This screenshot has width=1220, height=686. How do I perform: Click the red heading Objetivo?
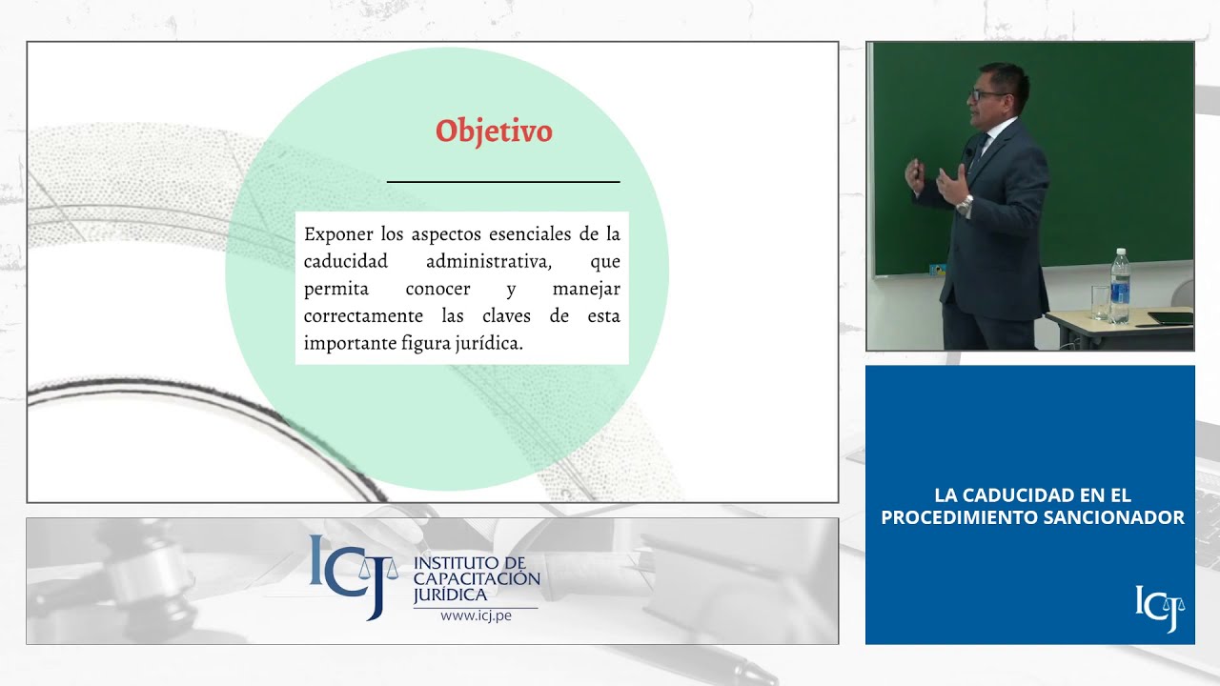pyautogui.click(x=494, y=131)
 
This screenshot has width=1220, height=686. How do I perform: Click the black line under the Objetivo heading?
pyautogui.click(x=503, y=181)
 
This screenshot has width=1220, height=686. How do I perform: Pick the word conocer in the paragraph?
pyautogui.click(x=437, y=289)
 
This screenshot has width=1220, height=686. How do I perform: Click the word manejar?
pyautogui.click(x=586, y=289)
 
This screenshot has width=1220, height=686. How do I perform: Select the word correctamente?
pyautogui.click(x=363, y=316)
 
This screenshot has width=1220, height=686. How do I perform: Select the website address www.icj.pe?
pyautogui.click(x=476, y=615)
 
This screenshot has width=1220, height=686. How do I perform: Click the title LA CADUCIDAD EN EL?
pyautogui.click(x=1032, y=495)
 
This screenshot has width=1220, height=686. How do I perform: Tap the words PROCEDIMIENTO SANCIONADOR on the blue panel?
pyautogui.click(x=1032, y=518)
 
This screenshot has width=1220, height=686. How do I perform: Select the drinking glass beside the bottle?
pyautogui.click(x=1100, y=302)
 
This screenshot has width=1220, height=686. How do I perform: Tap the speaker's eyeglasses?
pyautogui.click(x=980, y=94)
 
